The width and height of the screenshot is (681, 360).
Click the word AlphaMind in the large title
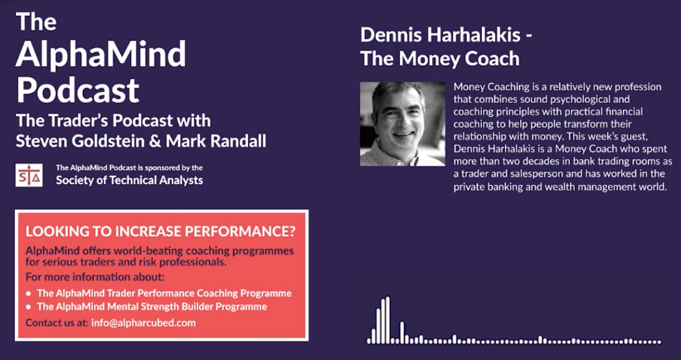click(x=100, y=54)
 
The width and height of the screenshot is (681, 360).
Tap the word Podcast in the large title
click(x=78, y=90)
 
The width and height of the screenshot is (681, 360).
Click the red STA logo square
click(x=29, y=175)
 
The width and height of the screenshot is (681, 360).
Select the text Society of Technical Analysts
click(x=129, y=180)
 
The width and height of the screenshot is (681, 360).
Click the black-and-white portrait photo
click(x=402, y=124)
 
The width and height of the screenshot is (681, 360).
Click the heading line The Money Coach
click(x=440, y=59)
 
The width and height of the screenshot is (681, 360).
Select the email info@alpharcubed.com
click(x=143, y=323)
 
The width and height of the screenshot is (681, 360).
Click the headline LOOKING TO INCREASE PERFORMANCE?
click(x=160, y=231)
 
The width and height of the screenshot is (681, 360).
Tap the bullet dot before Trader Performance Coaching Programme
click(x=29, y=294)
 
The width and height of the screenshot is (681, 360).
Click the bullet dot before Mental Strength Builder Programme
click(x=29, y=308)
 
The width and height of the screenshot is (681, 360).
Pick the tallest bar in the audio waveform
click(x=388, y=320)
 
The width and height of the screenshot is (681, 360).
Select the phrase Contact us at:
click(x=57, y=323)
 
